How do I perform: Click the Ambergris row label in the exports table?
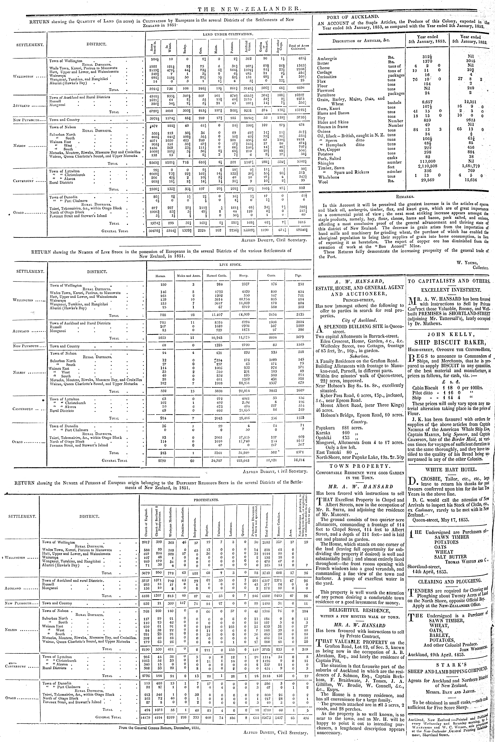pos(327,58)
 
